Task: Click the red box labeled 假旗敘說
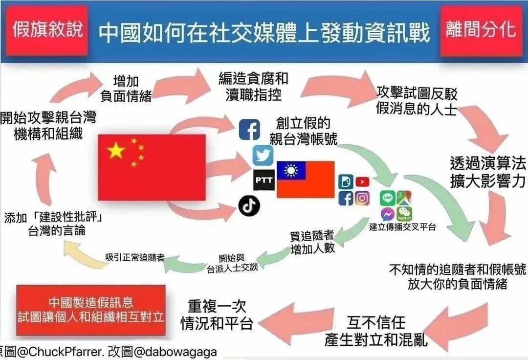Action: click(x=47, y=30)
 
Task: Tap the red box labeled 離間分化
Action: click(x=481, y=30)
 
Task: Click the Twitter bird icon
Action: click(x=263, y=156)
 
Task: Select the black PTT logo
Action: click(x=264, y=180)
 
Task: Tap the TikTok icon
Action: click(x=249, y=205)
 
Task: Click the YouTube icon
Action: click(x=362, y=182)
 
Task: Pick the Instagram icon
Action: click(x=362, y=199)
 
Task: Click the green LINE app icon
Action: click(x=388, y=198)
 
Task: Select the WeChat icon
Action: click(x=404, y=214)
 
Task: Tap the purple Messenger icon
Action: click(x=388, y=214)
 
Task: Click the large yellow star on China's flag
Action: click(x=116, y=150)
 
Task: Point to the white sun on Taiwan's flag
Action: click(x=291, y=170)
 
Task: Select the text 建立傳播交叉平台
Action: click(x=402, y=227)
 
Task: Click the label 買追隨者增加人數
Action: click(x=312, y=242)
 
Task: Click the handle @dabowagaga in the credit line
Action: click(x=175, y=352)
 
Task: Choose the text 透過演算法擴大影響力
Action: click(x=487, y=172)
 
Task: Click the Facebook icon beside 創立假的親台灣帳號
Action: click(x=249, y=129)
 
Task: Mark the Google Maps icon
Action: click(x=404, y=198)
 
